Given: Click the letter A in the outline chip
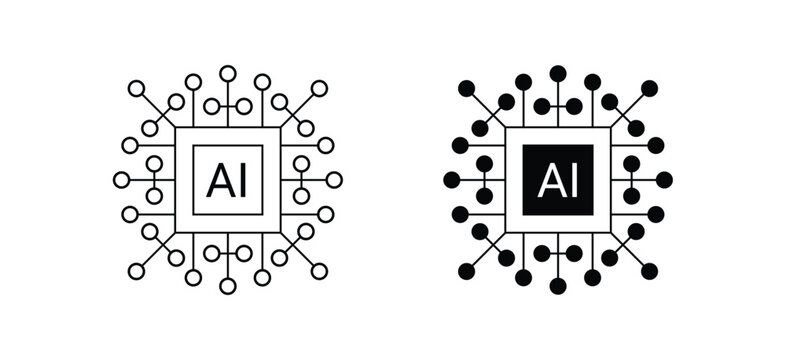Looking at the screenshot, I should point(216,181).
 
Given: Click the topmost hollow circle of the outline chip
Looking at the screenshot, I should point(228,72).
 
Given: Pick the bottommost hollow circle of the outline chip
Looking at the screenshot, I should point(228,287).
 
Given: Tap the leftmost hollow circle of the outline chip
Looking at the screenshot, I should point(121,180).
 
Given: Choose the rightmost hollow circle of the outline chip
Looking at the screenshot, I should point(335,180).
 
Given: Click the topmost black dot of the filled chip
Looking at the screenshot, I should point(558,72).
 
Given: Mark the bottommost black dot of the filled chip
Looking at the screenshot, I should point(558,287).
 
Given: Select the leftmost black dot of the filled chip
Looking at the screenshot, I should point(451,180).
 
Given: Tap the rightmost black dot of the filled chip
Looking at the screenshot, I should point(665,180).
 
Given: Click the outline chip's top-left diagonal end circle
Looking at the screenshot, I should point(137,89).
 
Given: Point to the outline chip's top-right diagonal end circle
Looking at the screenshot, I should point(319,89).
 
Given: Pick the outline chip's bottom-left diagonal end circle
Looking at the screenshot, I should point(137,271).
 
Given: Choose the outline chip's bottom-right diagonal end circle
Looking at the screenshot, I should point(319,271).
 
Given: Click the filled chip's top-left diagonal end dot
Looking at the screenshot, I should point(467,89).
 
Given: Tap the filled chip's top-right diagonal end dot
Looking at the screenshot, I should point(649,89).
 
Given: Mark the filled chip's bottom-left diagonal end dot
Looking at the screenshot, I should point(467,271).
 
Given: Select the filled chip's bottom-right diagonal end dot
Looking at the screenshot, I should point(649,271).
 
